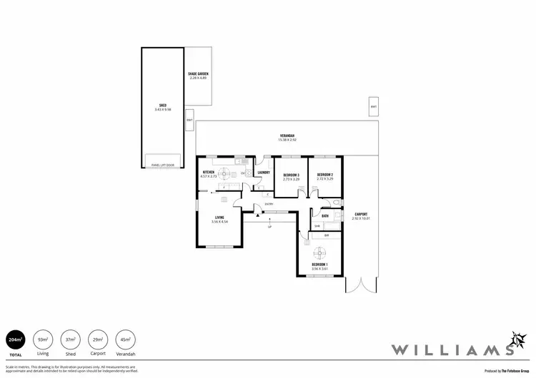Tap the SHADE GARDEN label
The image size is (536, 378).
[x=197, y=73]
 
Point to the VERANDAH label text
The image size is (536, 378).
[x=287, y=136]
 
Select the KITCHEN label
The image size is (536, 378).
[x=209, y=173]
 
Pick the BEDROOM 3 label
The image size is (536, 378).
[x=290, y=175]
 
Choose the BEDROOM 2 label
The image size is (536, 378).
[x=326, y=175]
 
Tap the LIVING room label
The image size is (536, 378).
[x=218, y=218]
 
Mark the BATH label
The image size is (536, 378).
[x=325, y=216]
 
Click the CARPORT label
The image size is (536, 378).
[x=361, y=214]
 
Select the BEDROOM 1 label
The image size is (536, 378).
[x=319, y=265]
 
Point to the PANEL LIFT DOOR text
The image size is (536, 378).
[x=163, y=165]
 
